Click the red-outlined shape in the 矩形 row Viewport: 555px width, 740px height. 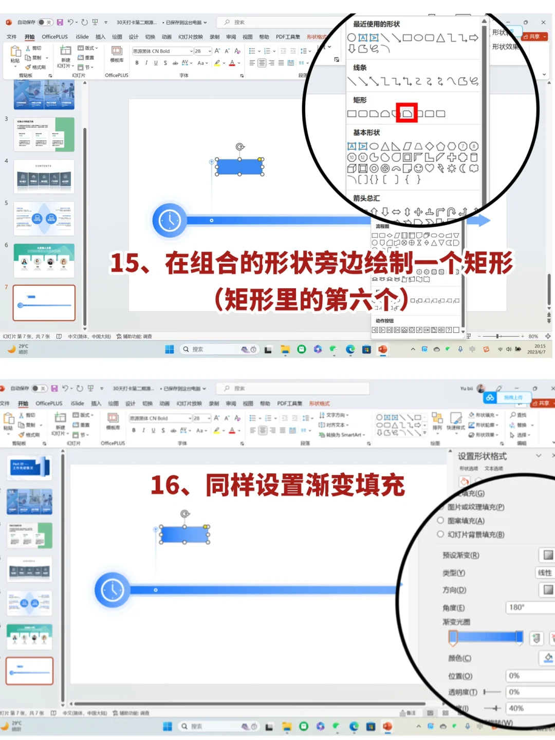point(406,113)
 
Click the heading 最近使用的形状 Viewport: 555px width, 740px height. point(376,24)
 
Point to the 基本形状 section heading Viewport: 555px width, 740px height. point(366,133)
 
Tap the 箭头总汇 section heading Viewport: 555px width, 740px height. point(366,198)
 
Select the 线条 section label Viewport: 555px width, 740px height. point(360,68)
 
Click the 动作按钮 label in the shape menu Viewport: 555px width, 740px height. point(384,321)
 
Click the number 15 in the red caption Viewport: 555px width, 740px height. point(125,263)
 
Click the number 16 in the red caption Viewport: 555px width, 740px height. point(165,485)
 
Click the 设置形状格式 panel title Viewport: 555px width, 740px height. point(482,456)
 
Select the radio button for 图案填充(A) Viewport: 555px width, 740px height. point(440,521)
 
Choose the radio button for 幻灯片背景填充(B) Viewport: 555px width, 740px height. point(440,534)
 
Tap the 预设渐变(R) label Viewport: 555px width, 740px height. point(460,555)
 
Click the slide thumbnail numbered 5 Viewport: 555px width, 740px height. point(44,218)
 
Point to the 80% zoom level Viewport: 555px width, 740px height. point(533,337)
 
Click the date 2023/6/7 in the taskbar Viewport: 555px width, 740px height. point(536,352)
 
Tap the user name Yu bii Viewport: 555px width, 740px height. point(467,388)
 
